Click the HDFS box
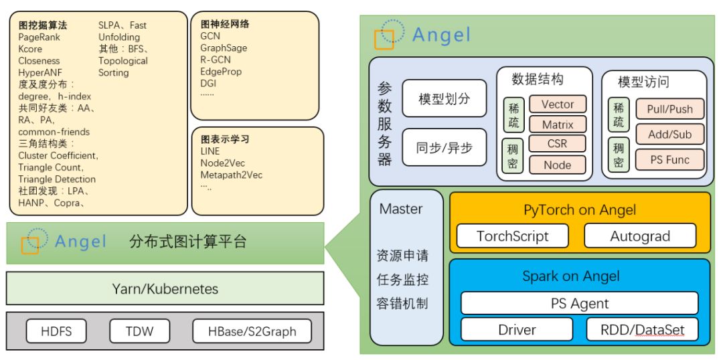coord(56,331)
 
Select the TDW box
coord(139,331)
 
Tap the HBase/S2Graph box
coord(252,331)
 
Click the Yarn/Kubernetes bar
coord(165,289)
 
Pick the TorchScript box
coord(512,236)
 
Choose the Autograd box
coord(640,236)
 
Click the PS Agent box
coord(579,303)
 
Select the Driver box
coord(517,329)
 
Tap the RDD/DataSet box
coord(642,329)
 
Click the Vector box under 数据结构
coord(558,104)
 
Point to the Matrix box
coord(558,124)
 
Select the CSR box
coord(558,144)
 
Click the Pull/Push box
coord(669,109)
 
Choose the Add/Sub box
coord(669,134)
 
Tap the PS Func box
coord(669,160)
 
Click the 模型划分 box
coord(444,99)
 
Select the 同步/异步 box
coord(444,147)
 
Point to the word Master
coord(401,209)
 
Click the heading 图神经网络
coord(225,23)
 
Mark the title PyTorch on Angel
coord(579,209)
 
